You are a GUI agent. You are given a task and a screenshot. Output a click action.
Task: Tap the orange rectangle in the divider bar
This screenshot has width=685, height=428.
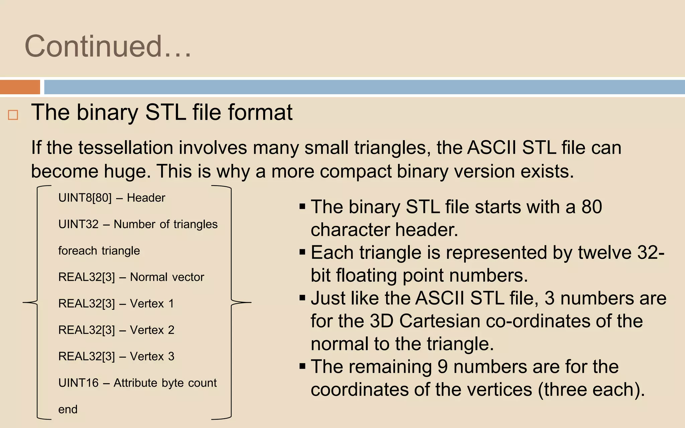pyautogui.click(x=20, y=87)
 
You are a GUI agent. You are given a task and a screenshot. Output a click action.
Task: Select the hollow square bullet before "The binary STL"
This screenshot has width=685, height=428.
pyautogui.click(x=13, y=115)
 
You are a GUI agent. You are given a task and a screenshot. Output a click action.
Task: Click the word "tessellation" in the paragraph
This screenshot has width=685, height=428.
pyautogui.click(x=126, y=148)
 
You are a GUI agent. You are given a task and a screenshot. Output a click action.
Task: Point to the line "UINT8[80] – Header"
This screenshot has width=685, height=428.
pyautogui.click(x=112, y=198)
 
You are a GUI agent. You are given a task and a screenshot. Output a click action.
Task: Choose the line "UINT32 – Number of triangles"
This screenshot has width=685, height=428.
pyautogui.click(x=138, y=224)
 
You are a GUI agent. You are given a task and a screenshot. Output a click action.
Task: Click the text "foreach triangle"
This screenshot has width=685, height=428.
pyautogui.click(x=99, y=250)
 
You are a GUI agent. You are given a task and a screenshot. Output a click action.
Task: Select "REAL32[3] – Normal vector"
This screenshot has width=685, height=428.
pyautogui.click(x=131, y=277)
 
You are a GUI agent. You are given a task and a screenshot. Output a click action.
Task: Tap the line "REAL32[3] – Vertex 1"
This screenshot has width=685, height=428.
pyautogui.click(x=116, y=303)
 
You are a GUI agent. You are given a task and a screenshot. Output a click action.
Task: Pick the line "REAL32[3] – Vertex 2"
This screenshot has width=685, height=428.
pyautogui.click(x=116, y=330)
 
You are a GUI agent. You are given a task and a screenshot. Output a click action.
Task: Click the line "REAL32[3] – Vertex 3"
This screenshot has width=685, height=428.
pyautogui.click(x=116, y=356)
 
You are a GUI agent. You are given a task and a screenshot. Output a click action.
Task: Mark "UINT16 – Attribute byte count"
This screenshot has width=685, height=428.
pyautogui.click(x=137, y=383)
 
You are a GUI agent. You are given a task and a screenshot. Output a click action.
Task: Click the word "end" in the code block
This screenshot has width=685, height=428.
pyautogui.click(x=68, y=409)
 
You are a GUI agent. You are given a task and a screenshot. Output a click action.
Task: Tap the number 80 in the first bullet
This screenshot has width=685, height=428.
pyautogui.click(x=592, y=207)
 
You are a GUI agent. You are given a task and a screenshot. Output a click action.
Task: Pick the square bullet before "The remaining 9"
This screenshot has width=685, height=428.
pyautogui.click(x=302, y=366)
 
